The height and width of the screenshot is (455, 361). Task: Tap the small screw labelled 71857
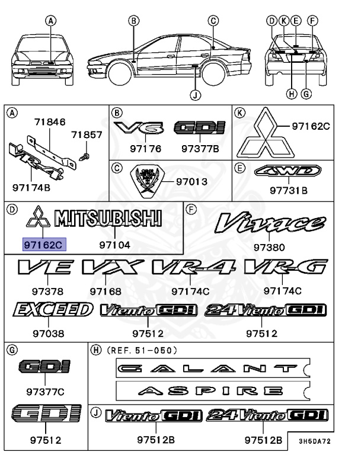84,156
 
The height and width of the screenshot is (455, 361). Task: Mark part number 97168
106,291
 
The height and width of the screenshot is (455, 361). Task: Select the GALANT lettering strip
211,369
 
